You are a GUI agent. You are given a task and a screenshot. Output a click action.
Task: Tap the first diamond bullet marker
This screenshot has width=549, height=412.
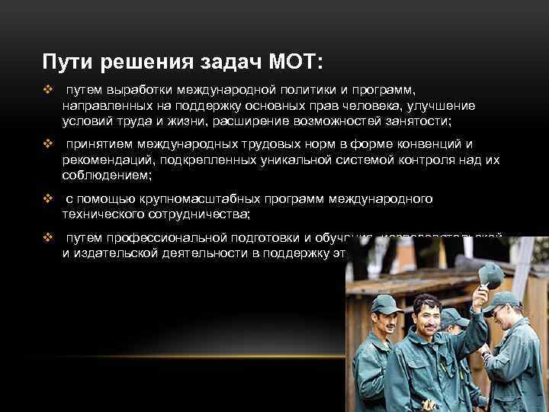pyautogui.click(x=48, y=91)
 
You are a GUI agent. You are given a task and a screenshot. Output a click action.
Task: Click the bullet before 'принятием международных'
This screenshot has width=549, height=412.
pyautogui.click(x=48, y=144)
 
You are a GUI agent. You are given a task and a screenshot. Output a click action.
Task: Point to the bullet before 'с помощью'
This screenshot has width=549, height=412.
pyautogui.click(x=48, y=198)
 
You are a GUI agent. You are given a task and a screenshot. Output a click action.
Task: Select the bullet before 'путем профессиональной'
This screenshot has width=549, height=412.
pyautogui.click(x=48, y=238)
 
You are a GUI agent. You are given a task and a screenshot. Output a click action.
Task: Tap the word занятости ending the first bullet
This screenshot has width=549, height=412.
pyautogui.click(x=416, y=121)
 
